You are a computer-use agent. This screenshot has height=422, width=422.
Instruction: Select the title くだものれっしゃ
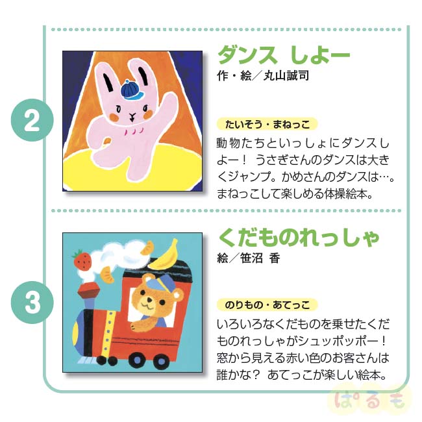[298, 237]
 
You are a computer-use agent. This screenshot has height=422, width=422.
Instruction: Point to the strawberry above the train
[83, 259]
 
